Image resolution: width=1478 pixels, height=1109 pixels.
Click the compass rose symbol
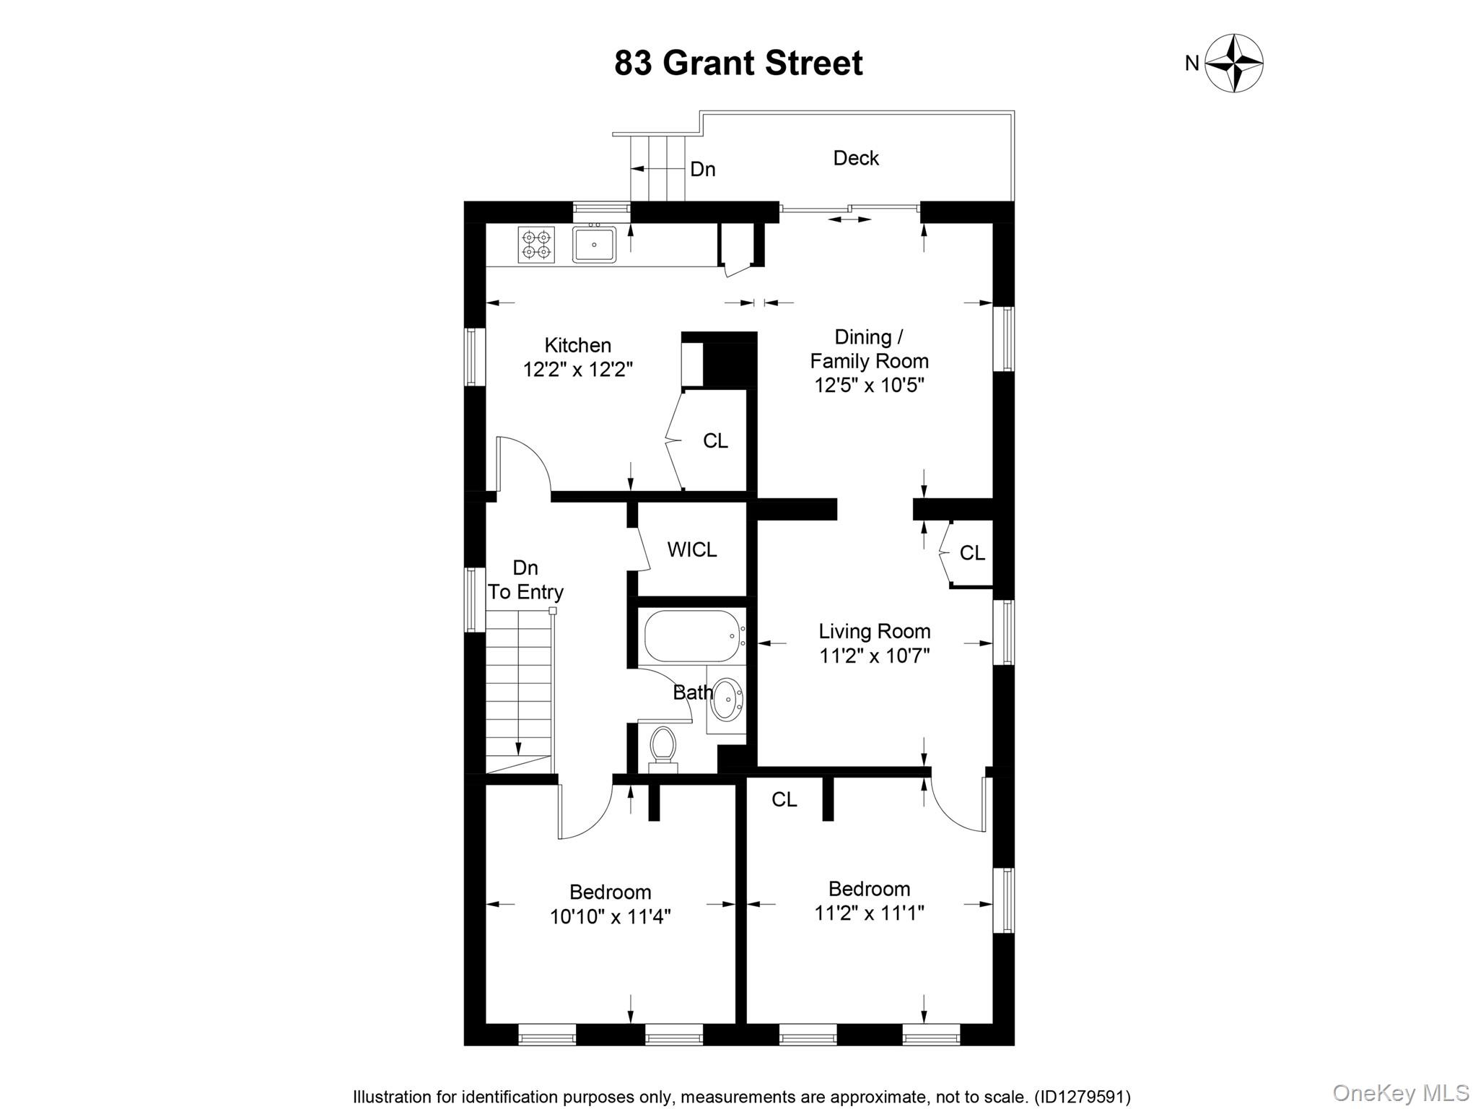pos(1234,64)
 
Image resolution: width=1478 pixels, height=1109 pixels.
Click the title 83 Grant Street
pos(738,64)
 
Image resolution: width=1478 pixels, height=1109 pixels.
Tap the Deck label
pos(856,158)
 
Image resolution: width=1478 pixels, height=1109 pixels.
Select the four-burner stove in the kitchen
pos(536,244)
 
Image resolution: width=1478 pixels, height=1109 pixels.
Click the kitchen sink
pos(594,244)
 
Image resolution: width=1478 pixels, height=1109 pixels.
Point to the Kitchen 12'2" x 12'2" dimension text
pos(577,370)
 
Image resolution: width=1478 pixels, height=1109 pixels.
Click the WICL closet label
pos(692,549)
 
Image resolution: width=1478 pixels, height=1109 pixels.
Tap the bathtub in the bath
pos(691,636)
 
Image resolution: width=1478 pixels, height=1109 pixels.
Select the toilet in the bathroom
pos(663,745)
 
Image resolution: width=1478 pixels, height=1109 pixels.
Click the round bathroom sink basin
pos(727,698)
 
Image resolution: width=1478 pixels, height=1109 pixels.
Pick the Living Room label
pos(874,632)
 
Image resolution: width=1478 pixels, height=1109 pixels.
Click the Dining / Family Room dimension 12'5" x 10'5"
pos(869,385)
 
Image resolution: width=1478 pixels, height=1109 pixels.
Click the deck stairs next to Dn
pos(657,168)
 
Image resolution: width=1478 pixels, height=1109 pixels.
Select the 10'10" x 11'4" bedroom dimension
pos(610,917)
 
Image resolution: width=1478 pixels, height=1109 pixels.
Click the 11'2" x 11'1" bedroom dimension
pos(869,913)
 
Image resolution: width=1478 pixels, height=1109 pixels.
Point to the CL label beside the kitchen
pos(715,440)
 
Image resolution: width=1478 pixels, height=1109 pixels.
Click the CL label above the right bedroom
pos(784,799)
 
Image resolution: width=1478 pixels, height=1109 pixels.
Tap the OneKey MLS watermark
pos(1400,1092)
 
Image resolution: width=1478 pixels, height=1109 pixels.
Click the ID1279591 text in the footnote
pos(1083,1097)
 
